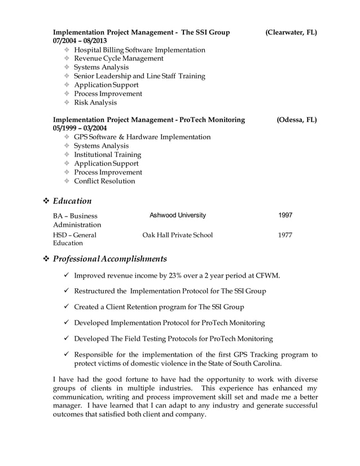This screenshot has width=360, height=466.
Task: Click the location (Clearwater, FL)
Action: tap(291, 33)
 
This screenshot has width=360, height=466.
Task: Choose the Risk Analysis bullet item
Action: tap(95, 103)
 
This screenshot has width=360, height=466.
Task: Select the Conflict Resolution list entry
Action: tap(104, 181)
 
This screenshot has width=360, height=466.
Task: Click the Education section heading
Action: tap(72, 201)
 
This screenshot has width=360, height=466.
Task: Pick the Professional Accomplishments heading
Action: tap(109, 259)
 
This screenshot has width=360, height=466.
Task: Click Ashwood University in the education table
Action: tap(178, 216)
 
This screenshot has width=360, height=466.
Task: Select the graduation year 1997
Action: tap(286, 216)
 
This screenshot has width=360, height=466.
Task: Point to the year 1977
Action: tap(286, 235)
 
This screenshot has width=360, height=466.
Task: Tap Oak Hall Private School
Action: tap(178, 235)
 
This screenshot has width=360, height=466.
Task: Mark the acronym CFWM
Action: tap(268, 275)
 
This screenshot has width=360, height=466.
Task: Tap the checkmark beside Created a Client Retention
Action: tap(66, 307)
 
